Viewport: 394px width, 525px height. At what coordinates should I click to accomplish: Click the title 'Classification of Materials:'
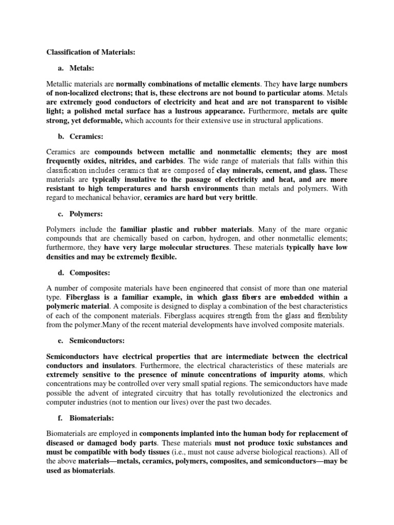pyautogui.click(x=91, y=52)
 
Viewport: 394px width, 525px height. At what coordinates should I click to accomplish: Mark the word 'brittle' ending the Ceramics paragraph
pyautogui.click(x=242, y=198)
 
